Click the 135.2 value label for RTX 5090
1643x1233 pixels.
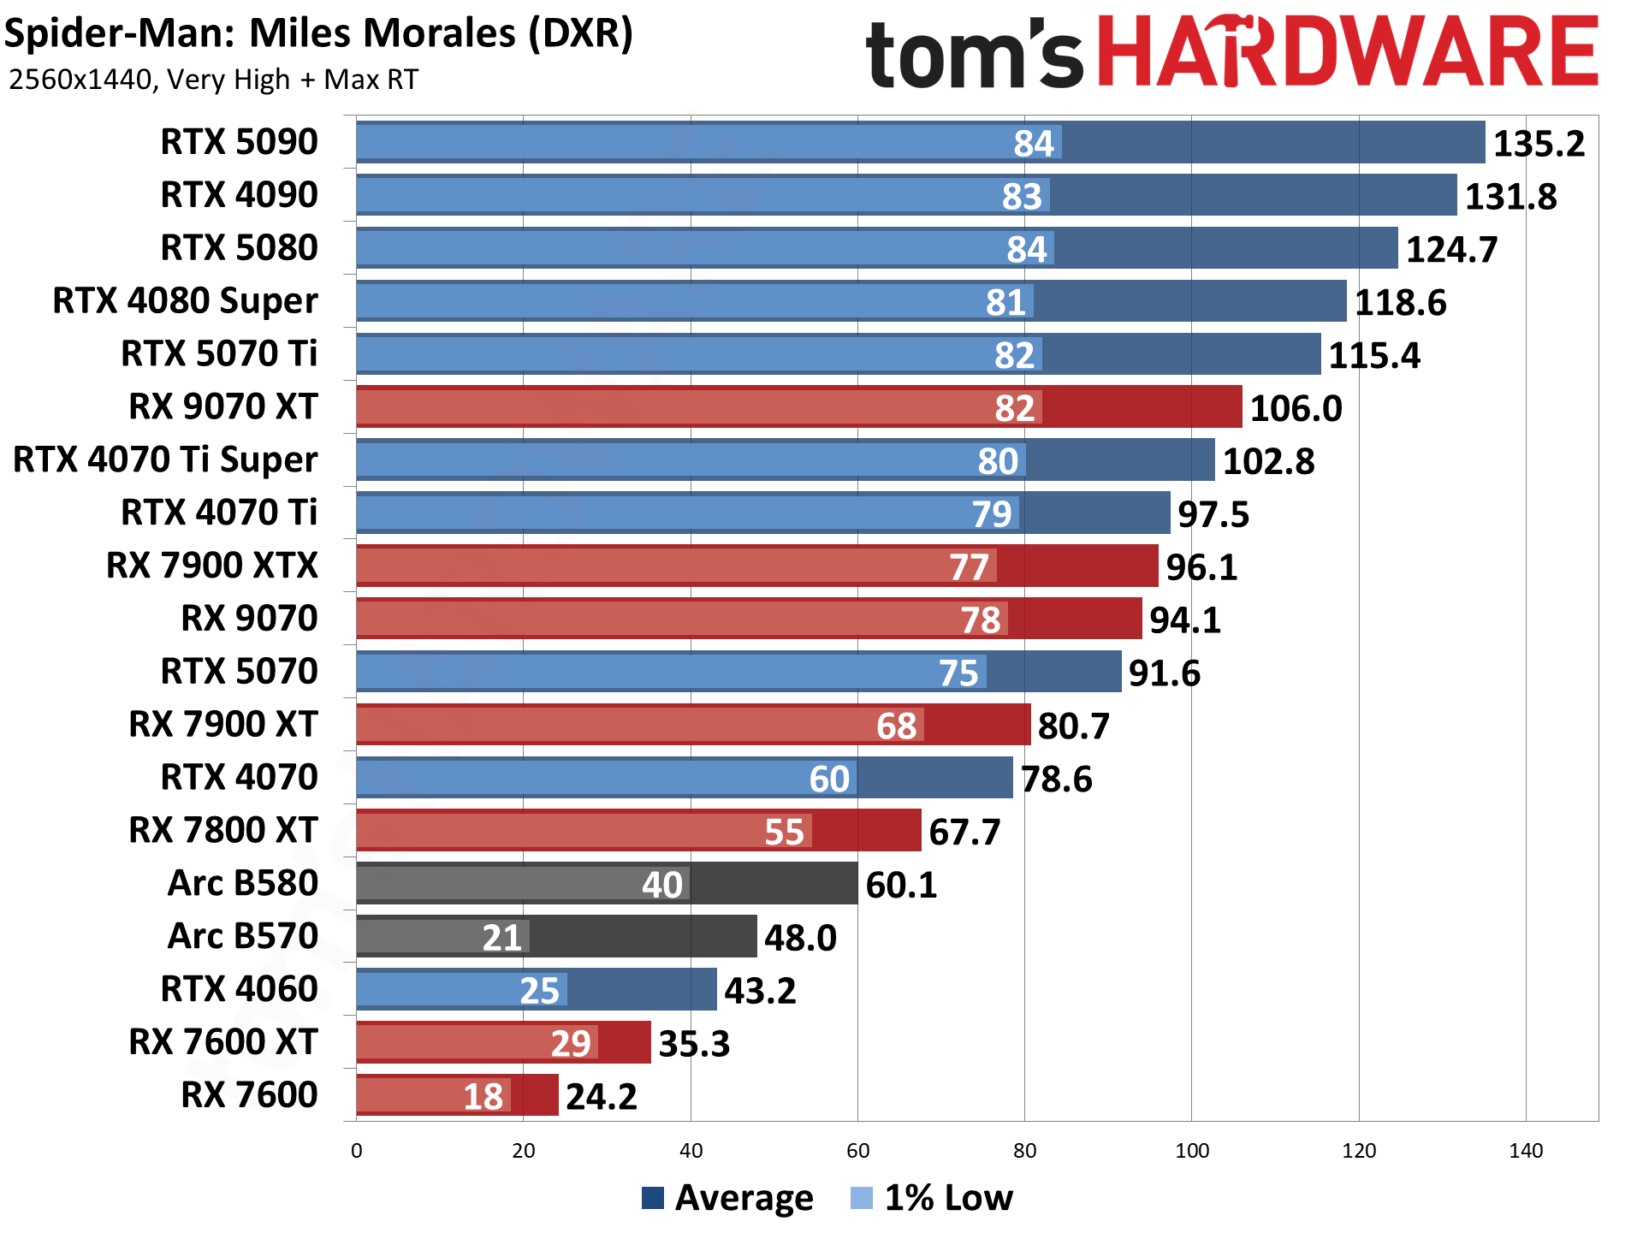coord(1538,144)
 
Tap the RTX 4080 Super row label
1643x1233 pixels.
coord(185,301)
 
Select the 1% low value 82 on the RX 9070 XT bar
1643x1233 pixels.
coord(1014,408)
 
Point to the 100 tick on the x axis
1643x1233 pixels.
coord(1191,1151)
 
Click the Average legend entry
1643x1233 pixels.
coord(727,1197)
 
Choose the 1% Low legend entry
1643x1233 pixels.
coord(932,1197)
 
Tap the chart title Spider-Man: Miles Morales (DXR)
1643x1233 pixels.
coord(318,34)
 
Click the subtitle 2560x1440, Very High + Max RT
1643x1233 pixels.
coord(213,80)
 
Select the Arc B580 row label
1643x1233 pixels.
coord(243,883)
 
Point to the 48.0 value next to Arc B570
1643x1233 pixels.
coord(800,938)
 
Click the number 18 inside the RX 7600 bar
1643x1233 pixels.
coord(483,1097)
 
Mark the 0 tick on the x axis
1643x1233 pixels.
coord(357,1151)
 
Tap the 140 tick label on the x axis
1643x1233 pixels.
coord(1525,1151)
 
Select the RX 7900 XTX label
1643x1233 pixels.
coord(211,566)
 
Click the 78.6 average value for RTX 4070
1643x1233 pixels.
coord(1056,780)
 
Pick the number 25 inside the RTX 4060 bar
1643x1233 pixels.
coord(539,991)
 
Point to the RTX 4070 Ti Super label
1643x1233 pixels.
coord(165,460)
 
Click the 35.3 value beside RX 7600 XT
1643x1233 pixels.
coord(694,1044)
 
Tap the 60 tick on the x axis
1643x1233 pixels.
coord(857,1151)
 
